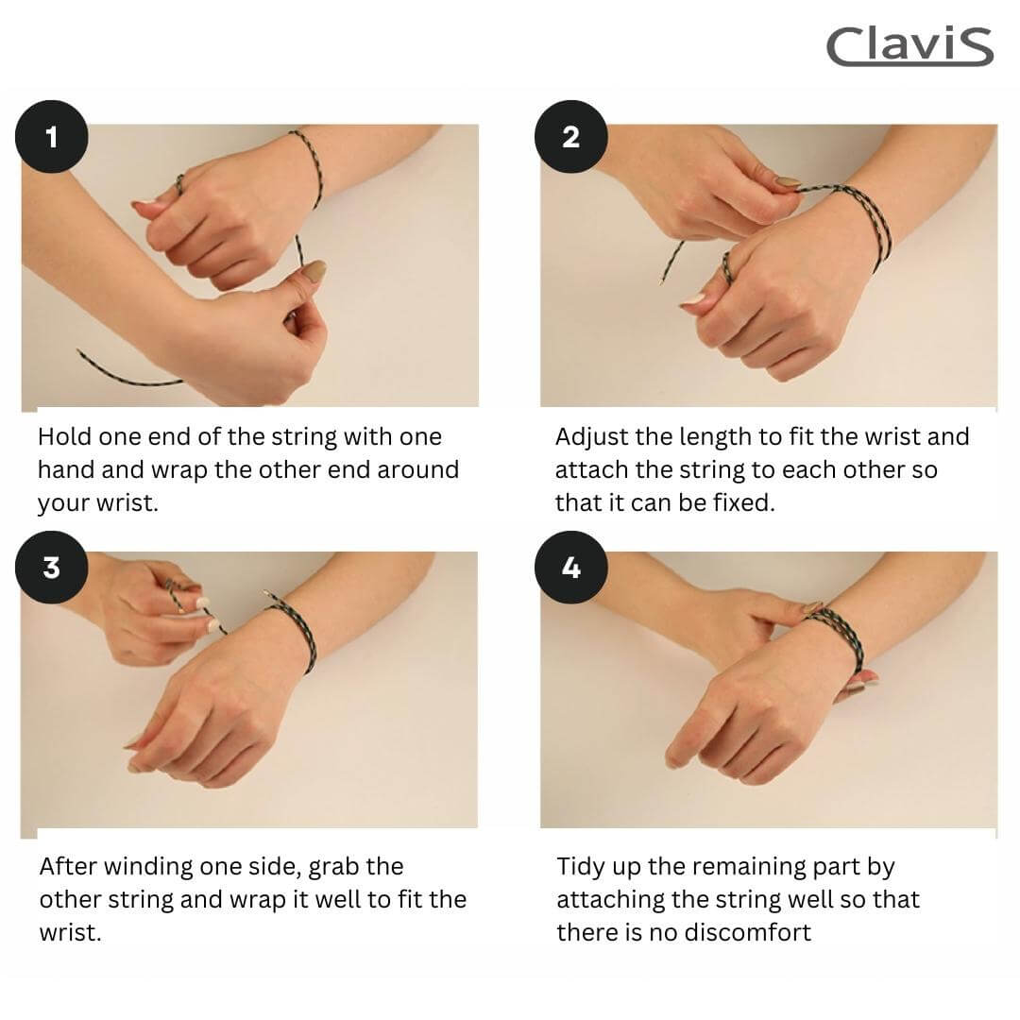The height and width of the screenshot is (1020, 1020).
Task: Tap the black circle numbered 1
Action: coord(51,137)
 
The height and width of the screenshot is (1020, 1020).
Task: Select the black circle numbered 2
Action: coord(570,137)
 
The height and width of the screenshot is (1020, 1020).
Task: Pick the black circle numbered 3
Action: coord(51,568)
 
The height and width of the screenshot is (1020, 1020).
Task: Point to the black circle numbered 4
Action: coord(570,568)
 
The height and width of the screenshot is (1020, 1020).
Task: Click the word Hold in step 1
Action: coord(65,436)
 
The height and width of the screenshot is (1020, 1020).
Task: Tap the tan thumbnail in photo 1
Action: coord(314,271)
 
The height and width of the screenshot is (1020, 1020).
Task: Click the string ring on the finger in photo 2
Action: coord(726,267)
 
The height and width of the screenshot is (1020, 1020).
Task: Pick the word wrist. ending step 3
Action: coord(70,933)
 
